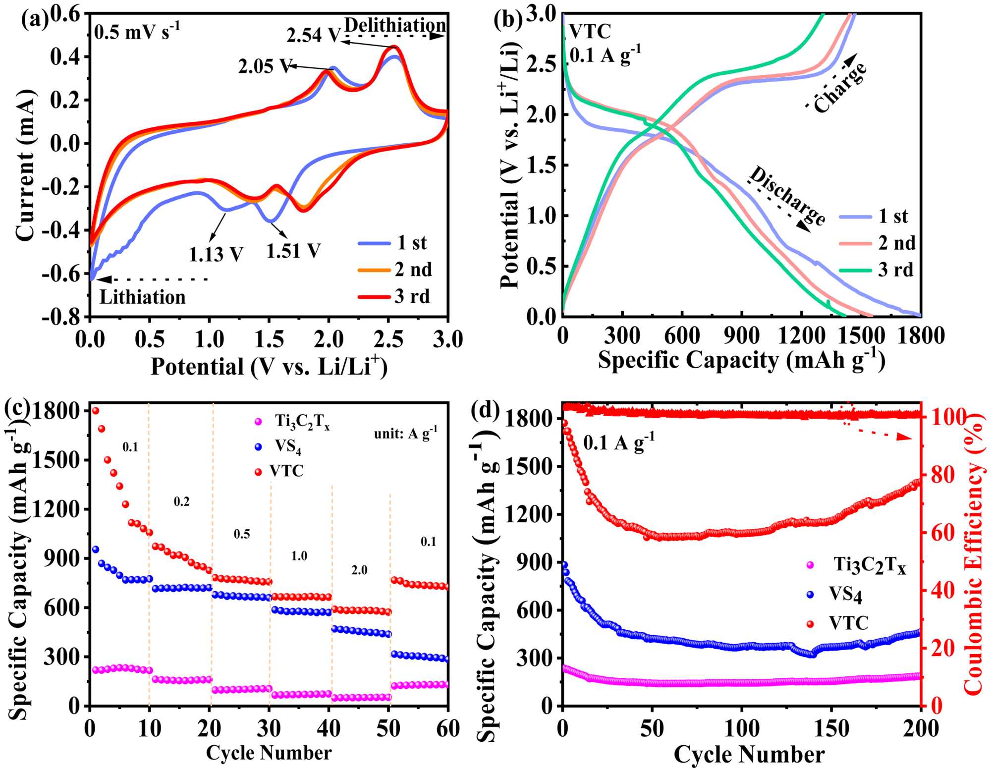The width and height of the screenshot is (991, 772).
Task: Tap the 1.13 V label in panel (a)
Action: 216,255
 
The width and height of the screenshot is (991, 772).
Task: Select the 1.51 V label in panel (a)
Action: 293,251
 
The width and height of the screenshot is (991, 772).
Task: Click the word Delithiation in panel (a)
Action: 395,25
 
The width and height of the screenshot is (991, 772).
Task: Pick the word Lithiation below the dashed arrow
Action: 143,297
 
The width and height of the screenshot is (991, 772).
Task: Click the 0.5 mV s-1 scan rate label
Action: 137,32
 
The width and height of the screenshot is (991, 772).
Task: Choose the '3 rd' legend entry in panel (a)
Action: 412,296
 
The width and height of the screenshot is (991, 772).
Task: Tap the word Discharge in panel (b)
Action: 787,196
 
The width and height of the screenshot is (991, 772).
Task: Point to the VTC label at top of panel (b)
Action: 590,32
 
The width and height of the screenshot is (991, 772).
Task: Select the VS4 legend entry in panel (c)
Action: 288,446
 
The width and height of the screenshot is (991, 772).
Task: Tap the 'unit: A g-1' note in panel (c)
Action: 405,434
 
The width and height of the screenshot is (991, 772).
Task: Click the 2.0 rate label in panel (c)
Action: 359,570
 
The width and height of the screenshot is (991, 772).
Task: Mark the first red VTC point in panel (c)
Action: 96,410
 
